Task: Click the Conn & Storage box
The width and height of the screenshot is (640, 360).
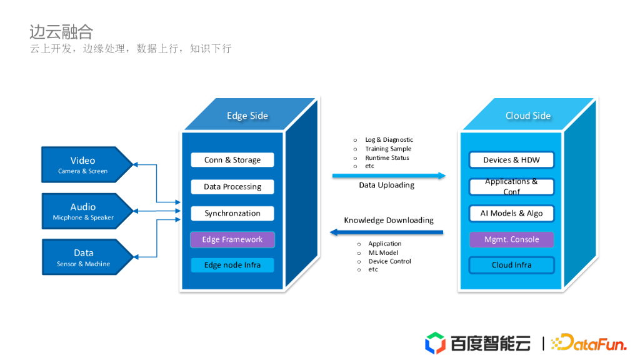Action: [x=232, y=160]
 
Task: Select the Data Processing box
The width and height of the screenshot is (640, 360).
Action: [x=232, y=187]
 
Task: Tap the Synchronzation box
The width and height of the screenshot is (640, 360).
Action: [x=232, y=213]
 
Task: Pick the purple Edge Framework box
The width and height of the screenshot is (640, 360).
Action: [x=232, y=239]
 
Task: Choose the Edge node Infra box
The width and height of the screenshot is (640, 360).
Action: [x=232, y=265]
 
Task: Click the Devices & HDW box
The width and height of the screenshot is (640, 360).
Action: [x=511, y=160]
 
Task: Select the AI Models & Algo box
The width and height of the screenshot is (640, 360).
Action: [x=511, y=213]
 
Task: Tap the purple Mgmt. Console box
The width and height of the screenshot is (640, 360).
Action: [x=511, y=239]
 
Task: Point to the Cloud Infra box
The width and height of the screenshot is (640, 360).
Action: [x=511, y=265]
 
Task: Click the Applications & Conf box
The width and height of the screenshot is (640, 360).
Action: [x=511, y=186]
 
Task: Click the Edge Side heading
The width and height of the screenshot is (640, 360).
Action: [x=247, y=116]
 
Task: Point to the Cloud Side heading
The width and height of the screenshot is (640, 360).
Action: [x=528, y=116]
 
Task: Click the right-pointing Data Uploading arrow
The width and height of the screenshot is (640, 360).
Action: [x=388, y=176]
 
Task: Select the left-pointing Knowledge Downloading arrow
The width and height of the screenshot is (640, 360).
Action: [x=387, y=232]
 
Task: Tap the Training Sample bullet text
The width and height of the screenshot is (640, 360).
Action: [x=388, y=149]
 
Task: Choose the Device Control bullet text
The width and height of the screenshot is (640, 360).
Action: [x=389, y=261]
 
